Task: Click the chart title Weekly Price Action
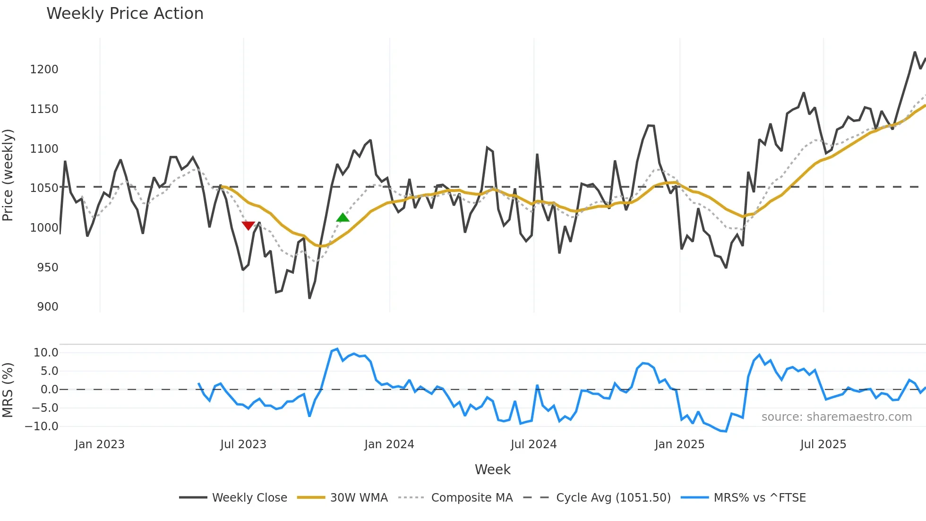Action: pos(125,14)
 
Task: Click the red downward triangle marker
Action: pos(248,226)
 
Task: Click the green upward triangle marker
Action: pos(343,217)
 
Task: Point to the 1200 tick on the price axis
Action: pos(44,69)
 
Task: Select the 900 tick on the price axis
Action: pos(48,307)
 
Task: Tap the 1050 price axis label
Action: pos(44,188)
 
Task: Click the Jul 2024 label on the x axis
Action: pos(533,444)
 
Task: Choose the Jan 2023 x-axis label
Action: pos(100,444)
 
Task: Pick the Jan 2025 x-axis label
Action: pos(679,444)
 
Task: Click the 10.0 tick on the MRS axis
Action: pos(46,353)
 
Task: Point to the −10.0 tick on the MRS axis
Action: pos(42,426)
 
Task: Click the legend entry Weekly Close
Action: pos(249,498)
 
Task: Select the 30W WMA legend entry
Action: pos(359,498)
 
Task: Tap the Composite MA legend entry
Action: pos(472,498)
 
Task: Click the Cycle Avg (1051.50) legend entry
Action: pos(613,498)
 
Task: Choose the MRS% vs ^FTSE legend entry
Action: pos(759,498)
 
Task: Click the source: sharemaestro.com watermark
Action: pos(836,417)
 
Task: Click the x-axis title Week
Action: pos(492,469)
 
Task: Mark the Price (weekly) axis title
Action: pos(8,175)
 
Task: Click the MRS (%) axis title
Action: pos(8,390)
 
